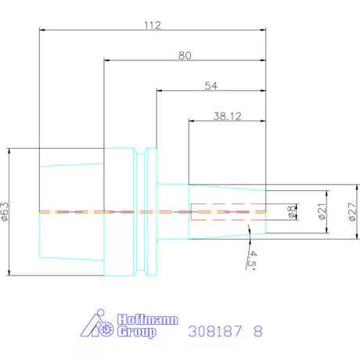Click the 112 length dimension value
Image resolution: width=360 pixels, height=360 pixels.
[153, 25]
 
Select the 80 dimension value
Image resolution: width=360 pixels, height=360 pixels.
[185, 56]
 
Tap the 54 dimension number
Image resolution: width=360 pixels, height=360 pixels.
[211, 86]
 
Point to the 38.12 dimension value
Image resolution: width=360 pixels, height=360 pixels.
[227, 116]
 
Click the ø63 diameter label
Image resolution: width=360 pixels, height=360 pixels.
[5, 211]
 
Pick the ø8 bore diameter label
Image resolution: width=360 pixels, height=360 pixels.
[292, 211]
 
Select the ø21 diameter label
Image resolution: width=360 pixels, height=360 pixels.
[322, 211]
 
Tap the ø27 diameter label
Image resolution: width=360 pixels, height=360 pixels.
[353, 211]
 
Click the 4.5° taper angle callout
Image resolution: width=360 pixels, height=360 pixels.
[252, 260]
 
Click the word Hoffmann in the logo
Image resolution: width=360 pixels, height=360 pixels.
[148, 319]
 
